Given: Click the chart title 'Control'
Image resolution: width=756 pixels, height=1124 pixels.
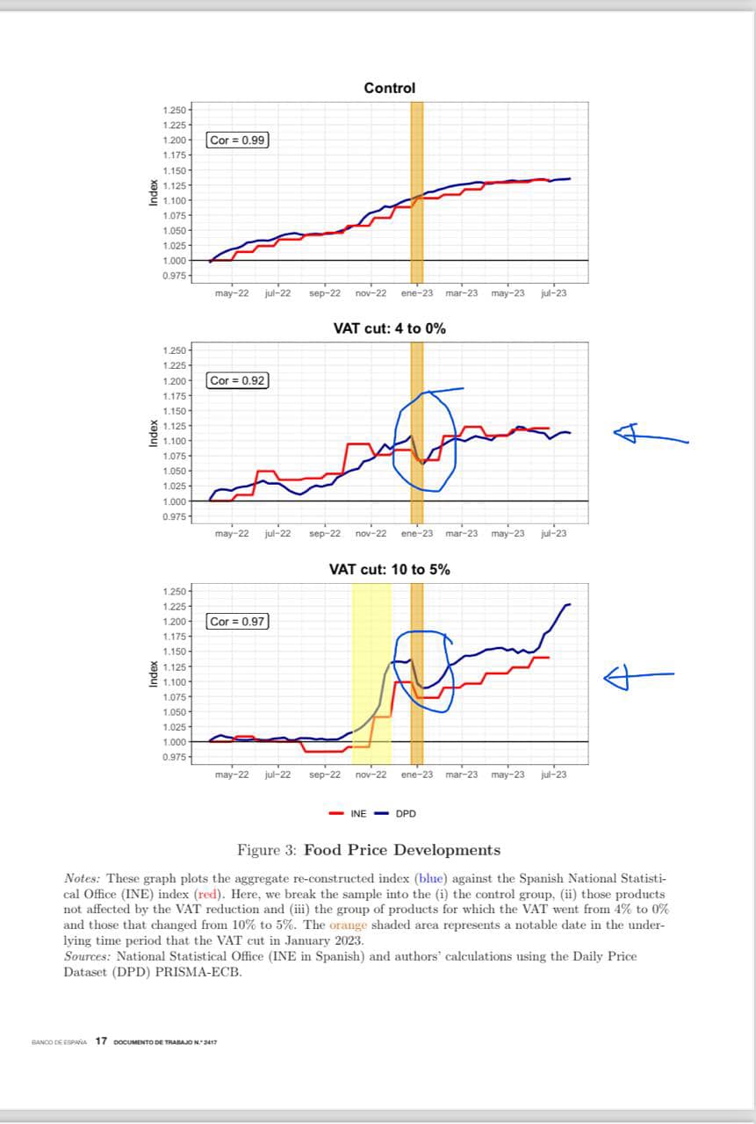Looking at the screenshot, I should pyautogui.click(x=389, y=88).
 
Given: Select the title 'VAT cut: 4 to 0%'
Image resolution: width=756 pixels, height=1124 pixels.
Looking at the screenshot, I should pyautogui.click(x=389, y=328).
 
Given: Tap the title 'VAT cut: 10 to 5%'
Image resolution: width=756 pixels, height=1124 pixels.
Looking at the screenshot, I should pyautogui.click(x=389, y=569).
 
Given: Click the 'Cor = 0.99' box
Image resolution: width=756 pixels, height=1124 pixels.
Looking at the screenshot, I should pyautogui.click(x=238, y=140).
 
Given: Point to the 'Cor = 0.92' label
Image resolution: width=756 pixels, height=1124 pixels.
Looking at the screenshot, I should pyautogui.click(x=238, y=380).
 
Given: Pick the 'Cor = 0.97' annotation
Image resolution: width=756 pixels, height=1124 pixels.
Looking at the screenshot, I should pyautogui.click(x=238, y=621).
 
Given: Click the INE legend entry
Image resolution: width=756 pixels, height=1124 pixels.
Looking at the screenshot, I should pyautogui.click(x=349, y=813).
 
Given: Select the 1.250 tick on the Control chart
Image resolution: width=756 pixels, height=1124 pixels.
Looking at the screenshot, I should pyautogui.click(x=174, y=110).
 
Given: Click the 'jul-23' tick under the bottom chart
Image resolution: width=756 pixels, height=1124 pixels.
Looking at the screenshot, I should pyautogui.click(x=554, y=775).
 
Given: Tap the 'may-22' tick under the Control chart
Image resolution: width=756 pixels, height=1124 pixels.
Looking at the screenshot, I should pyautogui.click(x=231, y=293).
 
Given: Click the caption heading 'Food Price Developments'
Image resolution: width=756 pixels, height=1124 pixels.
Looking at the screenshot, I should pyautogui.click(x=402, y=850).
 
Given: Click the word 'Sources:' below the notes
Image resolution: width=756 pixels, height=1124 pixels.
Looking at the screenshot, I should pyautogui.click(x=88, y=956).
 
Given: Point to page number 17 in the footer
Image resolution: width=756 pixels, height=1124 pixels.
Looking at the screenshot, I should pyautogui.click(x=101, y=1041).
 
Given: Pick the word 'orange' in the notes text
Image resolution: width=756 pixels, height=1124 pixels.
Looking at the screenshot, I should pyautogui.click(x=348, y=925).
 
